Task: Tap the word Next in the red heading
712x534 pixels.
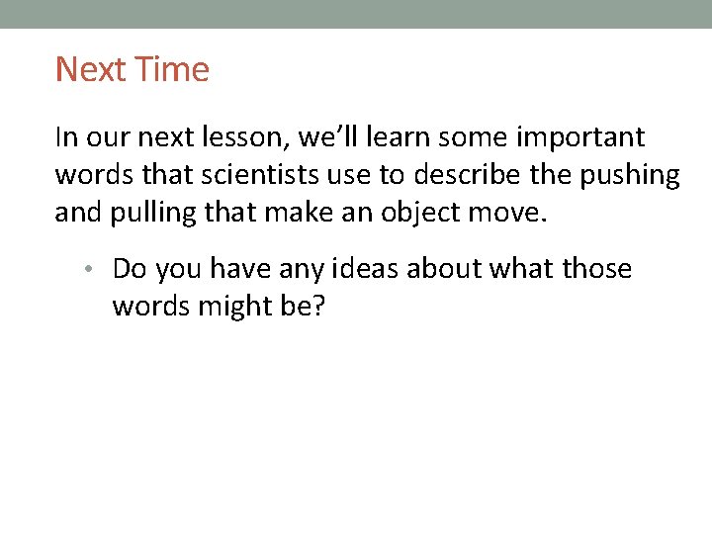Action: point(89,69)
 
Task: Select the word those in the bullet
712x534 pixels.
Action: point(596,269)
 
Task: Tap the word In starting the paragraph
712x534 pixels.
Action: point(64,136)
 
